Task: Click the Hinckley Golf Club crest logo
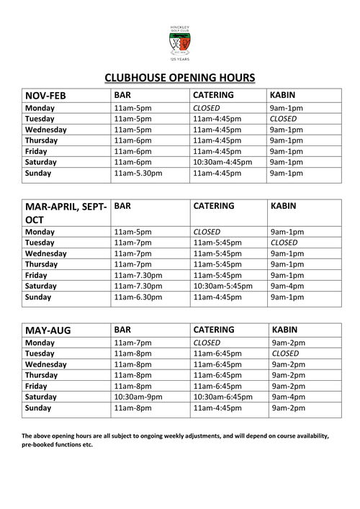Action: (179, 45)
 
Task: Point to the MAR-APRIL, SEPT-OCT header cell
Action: (66, 212)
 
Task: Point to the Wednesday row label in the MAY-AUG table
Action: (46, 364)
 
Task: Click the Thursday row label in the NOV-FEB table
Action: (43, 140)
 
